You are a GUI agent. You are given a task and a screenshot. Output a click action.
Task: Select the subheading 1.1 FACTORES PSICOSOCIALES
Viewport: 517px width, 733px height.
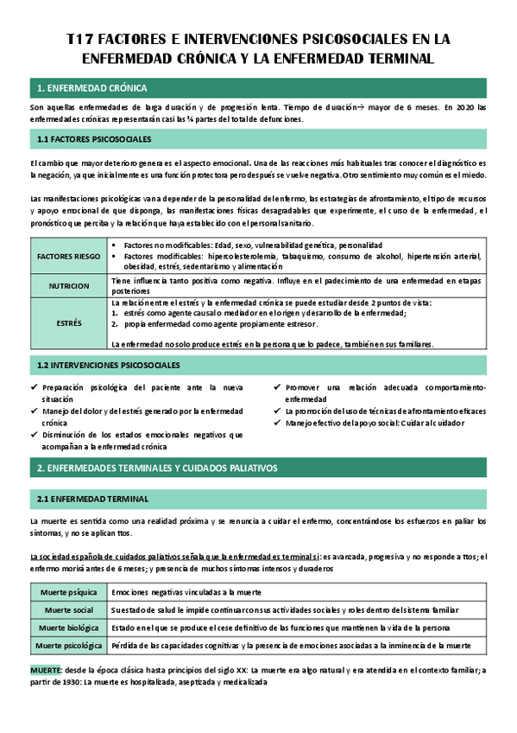tap(95, 138)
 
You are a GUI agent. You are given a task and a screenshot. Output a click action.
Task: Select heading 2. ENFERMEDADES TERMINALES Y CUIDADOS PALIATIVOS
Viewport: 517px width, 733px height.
tap(157, 468)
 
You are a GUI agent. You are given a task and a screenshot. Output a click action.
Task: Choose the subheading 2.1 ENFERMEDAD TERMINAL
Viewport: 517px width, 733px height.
tap(93, 499)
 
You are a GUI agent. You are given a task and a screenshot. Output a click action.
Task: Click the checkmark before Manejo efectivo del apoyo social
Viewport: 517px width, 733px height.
tap(277, 423)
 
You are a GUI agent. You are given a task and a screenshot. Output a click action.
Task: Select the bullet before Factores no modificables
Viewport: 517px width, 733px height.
tap(115, 245)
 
